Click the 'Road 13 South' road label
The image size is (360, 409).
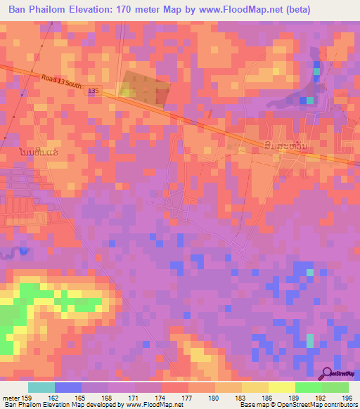click(62, 84)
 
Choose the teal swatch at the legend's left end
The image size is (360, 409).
click(41, 387)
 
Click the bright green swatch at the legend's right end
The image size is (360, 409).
click(335, 387)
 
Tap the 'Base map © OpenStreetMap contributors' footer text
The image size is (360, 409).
click(297, 405)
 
